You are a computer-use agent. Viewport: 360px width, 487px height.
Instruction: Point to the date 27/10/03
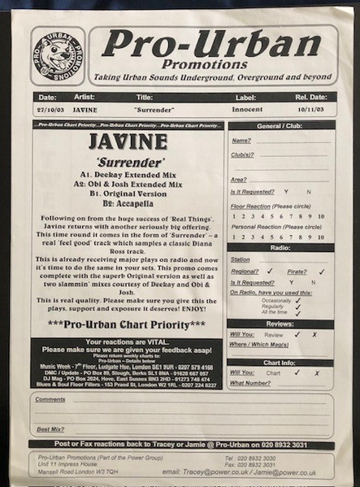click(51, 107)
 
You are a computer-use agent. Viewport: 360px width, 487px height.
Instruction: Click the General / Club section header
click(280, 125)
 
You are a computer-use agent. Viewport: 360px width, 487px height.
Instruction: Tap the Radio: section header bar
click(280, 247)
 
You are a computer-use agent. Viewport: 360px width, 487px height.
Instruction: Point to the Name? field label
click(241, 141)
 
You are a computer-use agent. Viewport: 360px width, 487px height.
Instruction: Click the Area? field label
click(239, 179)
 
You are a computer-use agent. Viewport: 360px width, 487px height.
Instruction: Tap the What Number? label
click(249, 382)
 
